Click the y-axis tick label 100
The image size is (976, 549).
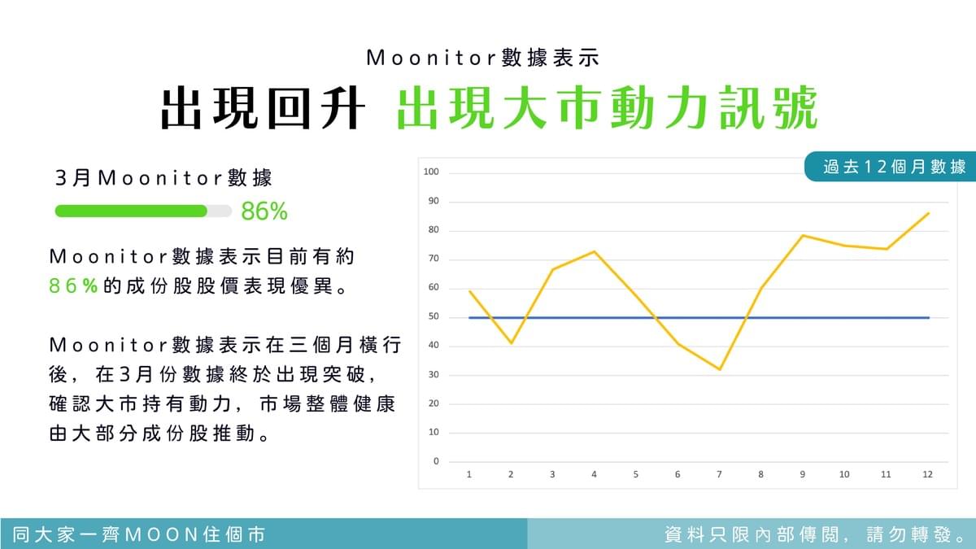431,172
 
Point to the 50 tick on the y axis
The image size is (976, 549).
434,316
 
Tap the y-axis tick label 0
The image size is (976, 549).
436,461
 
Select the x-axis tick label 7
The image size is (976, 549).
719,474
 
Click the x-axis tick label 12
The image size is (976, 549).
927,474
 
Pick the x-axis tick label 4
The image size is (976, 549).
594,474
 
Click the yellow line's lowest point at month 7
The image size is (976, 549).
719,369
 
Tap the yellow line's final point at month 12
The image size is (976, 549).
929,213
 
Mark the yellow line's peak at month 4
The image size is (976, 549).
595,251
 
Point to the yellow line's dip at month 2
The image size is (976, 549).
511,343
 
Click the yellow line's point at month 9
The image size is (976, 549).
803,236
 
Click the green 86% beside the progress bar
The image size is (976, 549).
264,211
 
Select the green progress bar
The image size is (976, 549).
131,211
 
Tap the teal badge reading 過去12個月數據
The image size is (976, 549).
890,167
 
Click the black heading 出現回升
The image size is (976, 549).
263,107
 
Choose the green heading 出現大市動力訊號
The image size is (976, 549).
608,107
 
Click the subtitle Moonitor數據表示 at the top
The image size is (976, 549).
483,58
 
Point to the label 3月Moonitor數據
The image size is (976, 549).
163,178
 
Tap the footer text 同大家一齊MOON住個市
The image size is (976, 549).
139,534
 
